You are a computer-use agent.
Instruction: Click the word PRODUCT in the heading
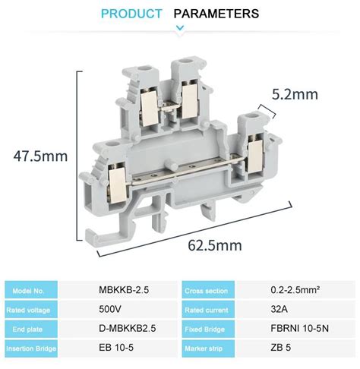(131, 14)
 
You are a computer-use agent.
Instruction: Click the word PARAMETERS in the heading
(216, 14)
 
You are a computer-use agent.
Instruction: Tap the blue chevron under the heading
(180, 29)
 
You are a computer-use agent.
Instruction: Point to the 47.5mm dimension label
(40, 156)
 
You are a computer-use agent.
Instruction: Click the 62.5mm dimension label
(216, 244)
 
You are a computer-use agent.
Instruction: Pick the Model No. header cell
(30, 290)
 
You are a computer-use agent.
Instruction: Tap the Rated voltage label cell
(30, 309)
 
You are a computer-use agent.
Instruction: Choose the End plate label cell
(30, 328)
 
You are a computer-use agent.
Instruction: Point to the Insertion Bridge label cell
(30, 348)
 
